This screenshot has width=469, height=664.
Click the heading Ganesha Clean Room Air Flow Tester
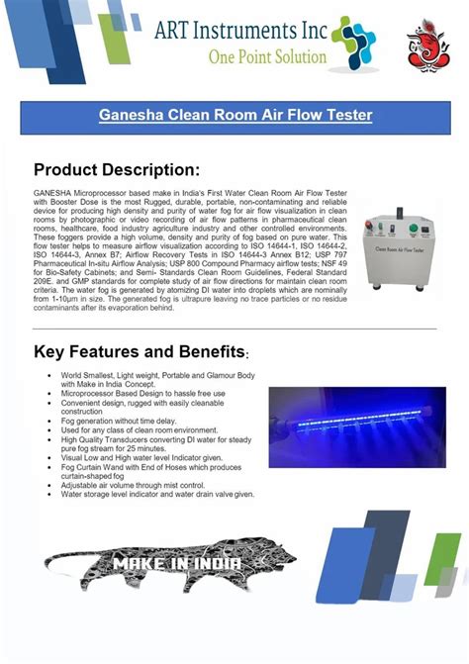tap(234, 117)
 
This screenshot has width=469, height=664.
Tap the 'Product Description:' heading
tap(117, 170)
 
